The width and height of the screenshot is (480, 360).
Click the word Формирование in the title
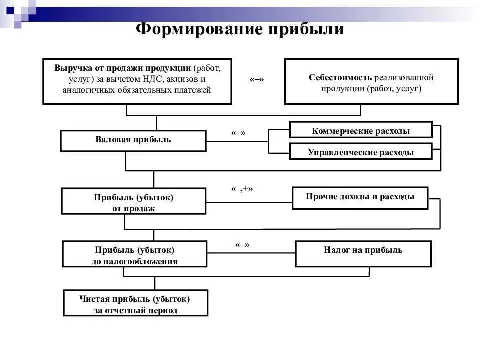point(199,29)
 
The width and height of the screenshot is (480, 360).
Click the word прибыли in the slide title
point(306,29)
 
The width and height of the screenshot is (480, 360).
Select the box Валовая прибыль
point(133,140)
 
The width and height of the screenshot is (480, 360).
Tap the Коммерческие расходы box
point(360,130)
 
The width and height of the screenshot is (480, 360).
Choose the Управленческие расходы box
point(360,152)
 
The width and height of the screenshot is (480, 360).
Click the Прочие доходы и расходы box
point(360,197)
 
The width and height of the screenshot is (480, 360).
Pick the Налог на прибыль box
point(363,253)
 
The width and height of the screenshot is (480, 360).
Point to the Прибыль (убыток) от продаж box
point(133,201)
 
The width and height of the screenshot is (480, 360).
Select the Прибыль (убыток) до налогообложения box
point(134,254)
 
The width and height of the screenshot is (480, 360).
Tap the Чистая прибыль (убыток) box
point(135,303)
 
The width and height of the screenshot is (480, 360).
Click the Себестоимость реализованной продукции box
point(371,82)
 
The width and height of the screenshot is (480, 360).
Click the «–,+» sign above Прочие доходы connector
point(242,189)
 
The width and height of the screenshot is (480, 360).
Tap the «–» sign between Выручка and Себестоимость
point(257,80)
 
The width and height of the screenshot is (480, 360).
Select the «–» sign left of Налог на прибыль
point(242,245)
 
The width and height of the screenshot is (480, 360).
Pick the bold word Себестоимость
point(340,77)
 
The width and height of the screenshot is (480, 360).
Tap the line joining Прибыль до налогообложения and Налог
point(250,255)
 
